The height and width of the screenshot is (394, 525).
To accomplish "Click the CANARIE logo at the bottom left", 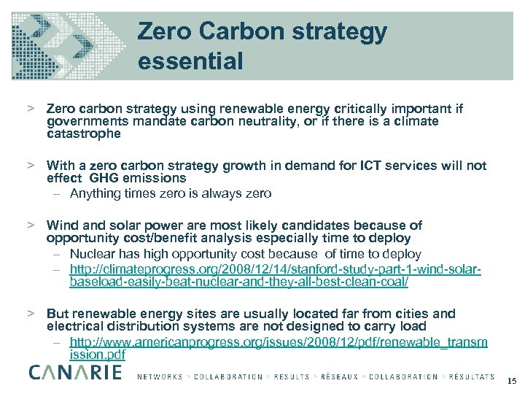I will pos(76,373).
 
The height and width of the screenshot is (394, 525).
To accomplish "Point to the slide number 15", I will pos(511,381).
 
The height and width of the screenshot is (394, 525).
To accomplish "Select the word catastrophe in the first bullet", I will pos(83,134).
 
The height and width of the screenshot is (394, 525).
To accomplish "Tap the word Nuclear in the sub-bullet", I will pos(93,254).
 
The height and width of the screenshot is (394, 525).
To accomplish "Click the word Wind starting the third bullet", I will pos(61,225).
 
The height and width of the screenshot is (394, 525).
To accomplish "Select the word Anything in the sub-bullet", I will pos(96,193).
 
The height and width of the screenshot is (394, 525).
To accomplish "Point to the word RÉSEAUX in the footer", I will pos(338,377).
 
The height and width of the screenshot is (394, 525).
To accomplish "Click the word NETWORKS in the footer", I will pos(160,377).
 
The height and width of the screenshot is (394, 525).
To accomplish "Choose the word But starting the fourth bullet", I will pos(58,314).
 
